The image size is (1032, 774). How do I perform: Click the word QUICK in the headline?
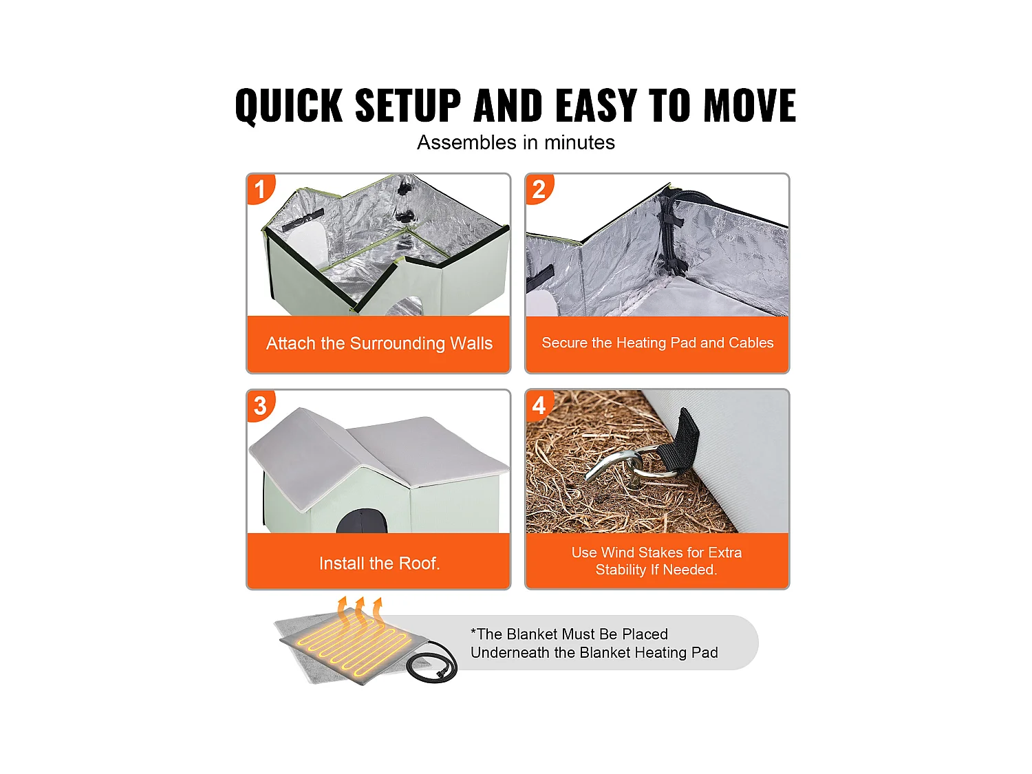pos(289,106)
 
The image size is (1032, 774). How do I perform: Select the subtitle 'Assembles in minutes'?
pos(516,142)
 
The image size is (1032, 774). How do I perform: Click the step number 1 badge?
pos(260,189)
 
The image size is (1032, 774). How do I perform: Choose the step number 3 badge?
pos(260,405)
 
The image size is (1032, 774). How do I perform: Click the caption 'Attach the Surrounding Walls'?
pos(379,343)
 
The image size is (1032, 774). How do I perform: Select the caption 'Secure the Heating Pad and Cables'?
pos(657,343)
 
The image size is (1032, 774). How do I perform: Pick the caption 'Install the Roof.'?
pos(379,563)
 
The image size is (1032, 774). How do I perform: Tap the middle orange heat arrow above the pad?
pos(360,610)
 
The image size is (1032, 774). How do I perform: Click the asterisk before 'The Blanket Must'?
pos(473,631)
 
